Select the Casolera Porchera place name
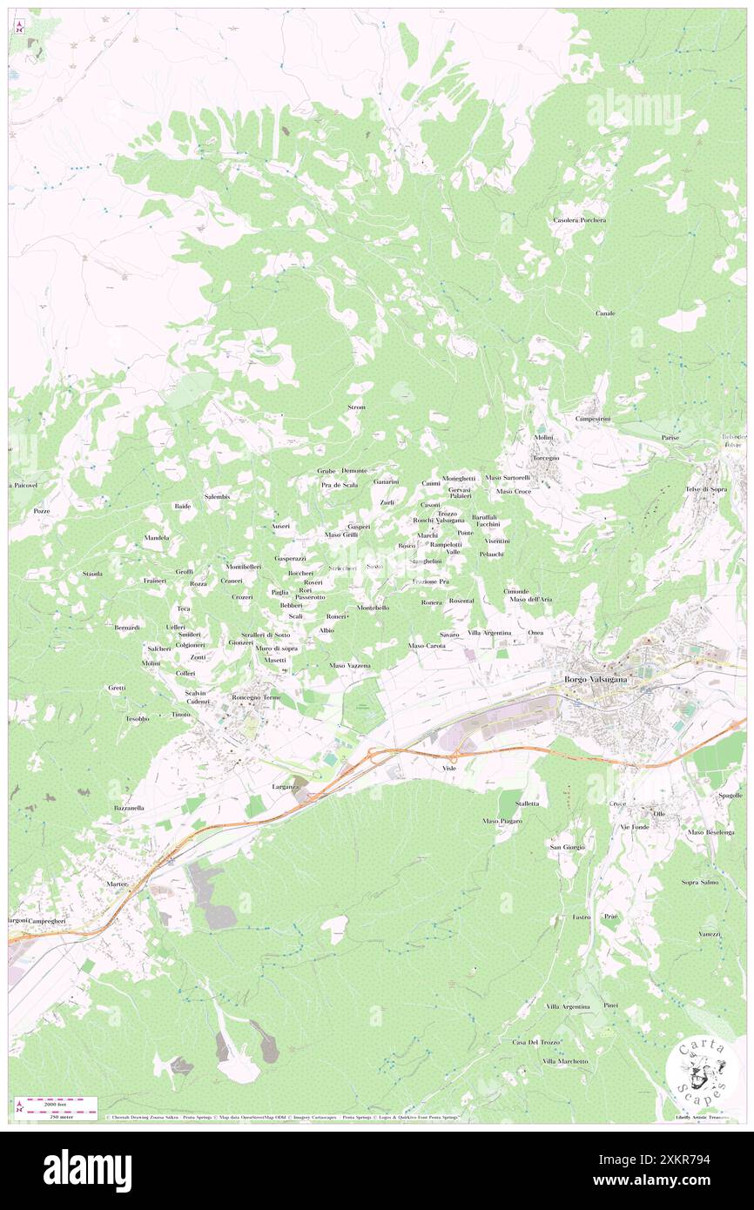pos(579,220)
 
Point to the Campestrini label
pos(593,419)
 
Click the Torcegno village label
pos(546,458)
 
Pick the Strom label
pos(356,407)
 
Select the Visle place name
pos(449,769)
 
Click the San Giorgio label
pos(567,846)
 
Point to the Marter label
pos(117,884)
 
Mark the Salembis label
pos(217,496)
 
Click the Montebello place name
pos(373,608)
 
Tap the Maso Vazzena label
pos(350,665)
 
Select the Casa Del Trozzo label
pos(536,1042)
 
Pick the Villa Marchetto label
pos(564,1061)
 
